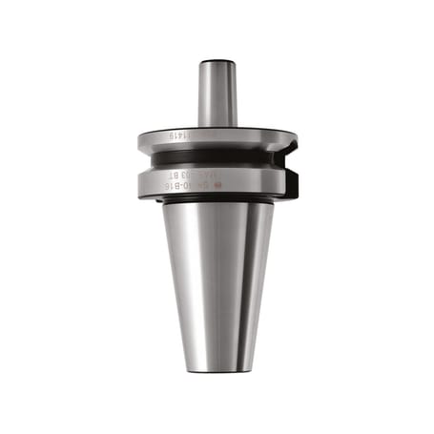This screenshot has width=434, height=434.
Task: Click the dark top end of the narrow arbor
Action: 217,63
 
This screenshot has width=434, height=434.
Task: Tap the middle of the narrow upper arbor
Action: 217,93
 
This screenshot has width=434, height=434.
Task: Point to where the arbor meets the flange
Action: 217,125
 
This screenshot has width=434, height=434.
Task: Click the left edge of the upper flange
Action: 140,140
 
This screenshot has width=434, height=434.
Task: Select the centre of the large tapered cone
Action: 217,277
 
